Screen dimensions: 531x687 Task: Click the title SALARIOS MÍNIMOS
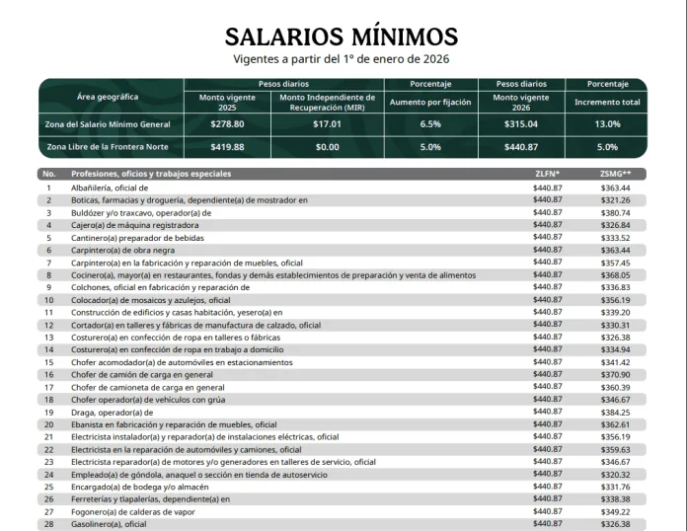342,37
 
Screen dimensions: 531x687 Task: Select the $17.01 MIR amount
327,124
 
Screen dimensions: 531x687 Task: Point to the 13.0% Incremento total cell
607,124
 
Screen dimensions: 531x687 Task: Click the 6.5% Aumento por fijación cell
430,124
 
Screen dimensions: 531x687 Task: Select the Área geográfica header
108,97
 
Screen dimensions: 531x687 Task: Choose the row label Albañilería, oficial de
96,187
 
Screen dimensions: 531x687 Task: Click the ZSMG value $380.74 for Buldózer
615,212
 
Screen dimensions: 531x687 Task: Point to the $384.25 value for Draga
615,412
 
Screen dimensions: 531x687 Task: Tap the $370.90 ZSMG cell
615,374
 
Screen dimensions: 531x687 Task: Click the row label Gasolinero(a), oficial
95,524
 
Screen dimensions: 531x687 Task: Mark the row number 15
48,362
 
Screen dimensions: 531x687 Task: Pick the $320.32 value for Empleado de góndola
615,474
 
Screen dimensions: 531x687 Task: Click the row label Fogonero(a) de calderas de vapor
119,511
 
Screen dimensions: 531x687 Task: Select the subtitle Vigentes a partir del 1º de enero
342,59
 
